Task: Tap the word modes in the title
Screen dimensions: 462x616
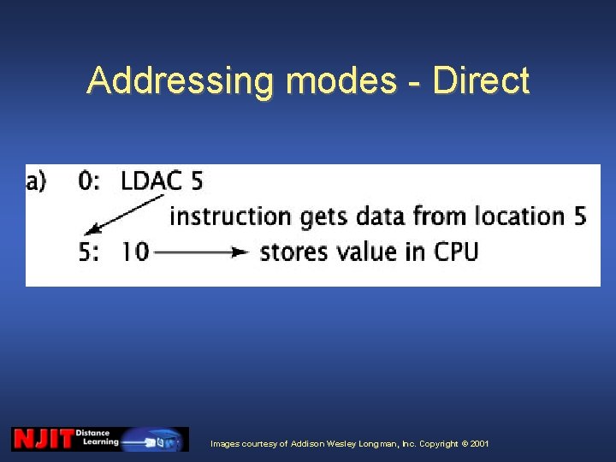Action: (x=341, y=81)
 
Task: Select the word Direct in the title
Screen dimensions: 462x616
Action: (x=482, y=81)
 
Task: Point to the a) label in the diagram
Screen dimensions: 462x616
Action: (x=38, y=181)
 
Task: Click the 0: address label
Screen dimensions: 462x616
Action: (x=88, y=181)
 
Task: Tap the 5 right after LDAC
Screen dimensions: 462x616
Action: (x=197, y=181)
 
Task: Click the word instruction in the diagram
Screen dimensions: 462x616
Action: (x=231, y=216)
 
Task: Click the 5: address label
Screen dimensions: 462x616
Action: (x=89, y=252)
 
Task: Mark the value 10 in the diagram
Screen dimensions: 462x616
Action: (x=134, y=252)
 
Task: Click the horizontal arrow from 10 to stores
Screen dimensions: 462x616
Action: (x=202, y=252)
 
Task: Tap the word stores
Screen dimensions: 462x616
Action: (x=299, y=252)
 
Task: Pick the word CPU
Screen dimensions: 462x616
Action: (x=455, y=252)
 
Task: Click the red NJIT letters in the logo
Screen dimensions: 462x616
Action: (x=43, y=439)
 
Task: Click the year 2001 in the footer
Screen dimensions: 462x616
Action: (x=479, y=444)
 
